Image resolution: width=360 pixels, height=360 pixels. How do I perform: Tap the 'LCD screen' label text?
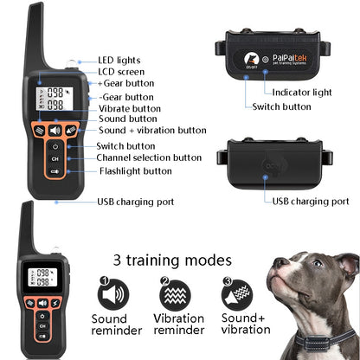[119, 71]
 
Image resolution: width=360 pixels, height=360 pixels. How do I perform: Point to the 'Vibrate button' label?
[129, 108]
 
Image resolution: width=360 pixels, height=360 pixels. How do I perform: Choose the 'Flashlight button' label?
[133, 170]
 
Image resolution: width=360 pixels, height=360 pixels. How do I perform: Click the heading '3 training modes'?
[172, 260]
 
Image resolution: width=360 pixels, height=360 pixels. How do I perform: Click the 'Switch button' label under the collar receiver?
[281, 106]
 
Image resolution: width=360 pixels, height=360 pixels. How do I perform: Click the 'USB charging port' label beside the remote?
[135, 202]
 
